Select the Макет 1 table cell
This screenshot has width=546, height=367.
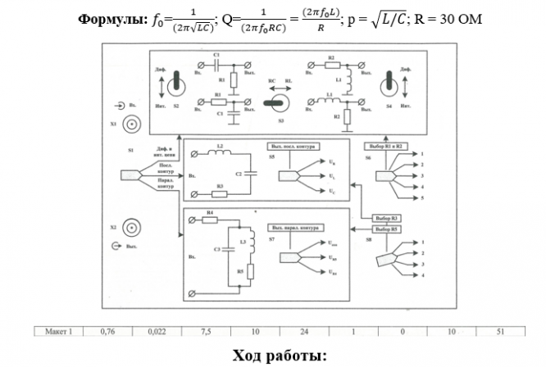[60, 332]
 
